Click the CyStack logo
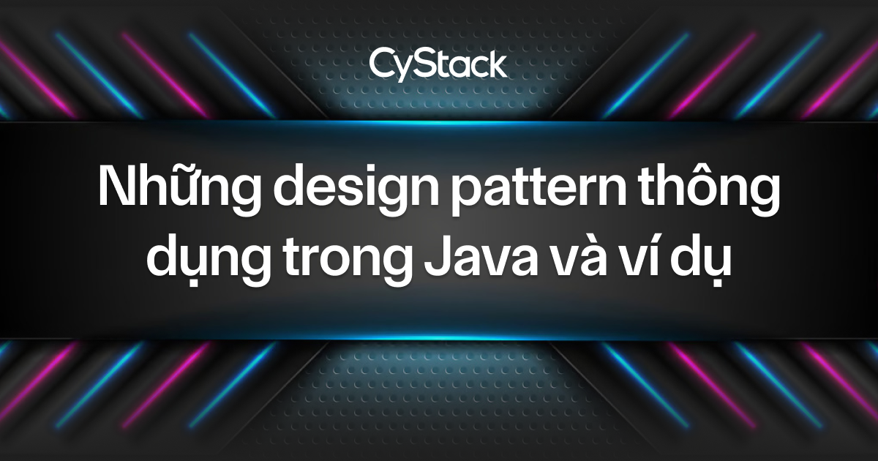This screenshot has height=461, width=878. tap(438, 64)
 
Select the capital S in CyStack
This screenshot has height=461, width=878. tap(427, 63)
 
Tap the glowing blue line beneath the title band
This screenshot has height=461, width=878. tap(439, 339)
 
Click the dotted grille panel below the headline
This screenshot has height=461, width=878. tap(439, 395)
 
